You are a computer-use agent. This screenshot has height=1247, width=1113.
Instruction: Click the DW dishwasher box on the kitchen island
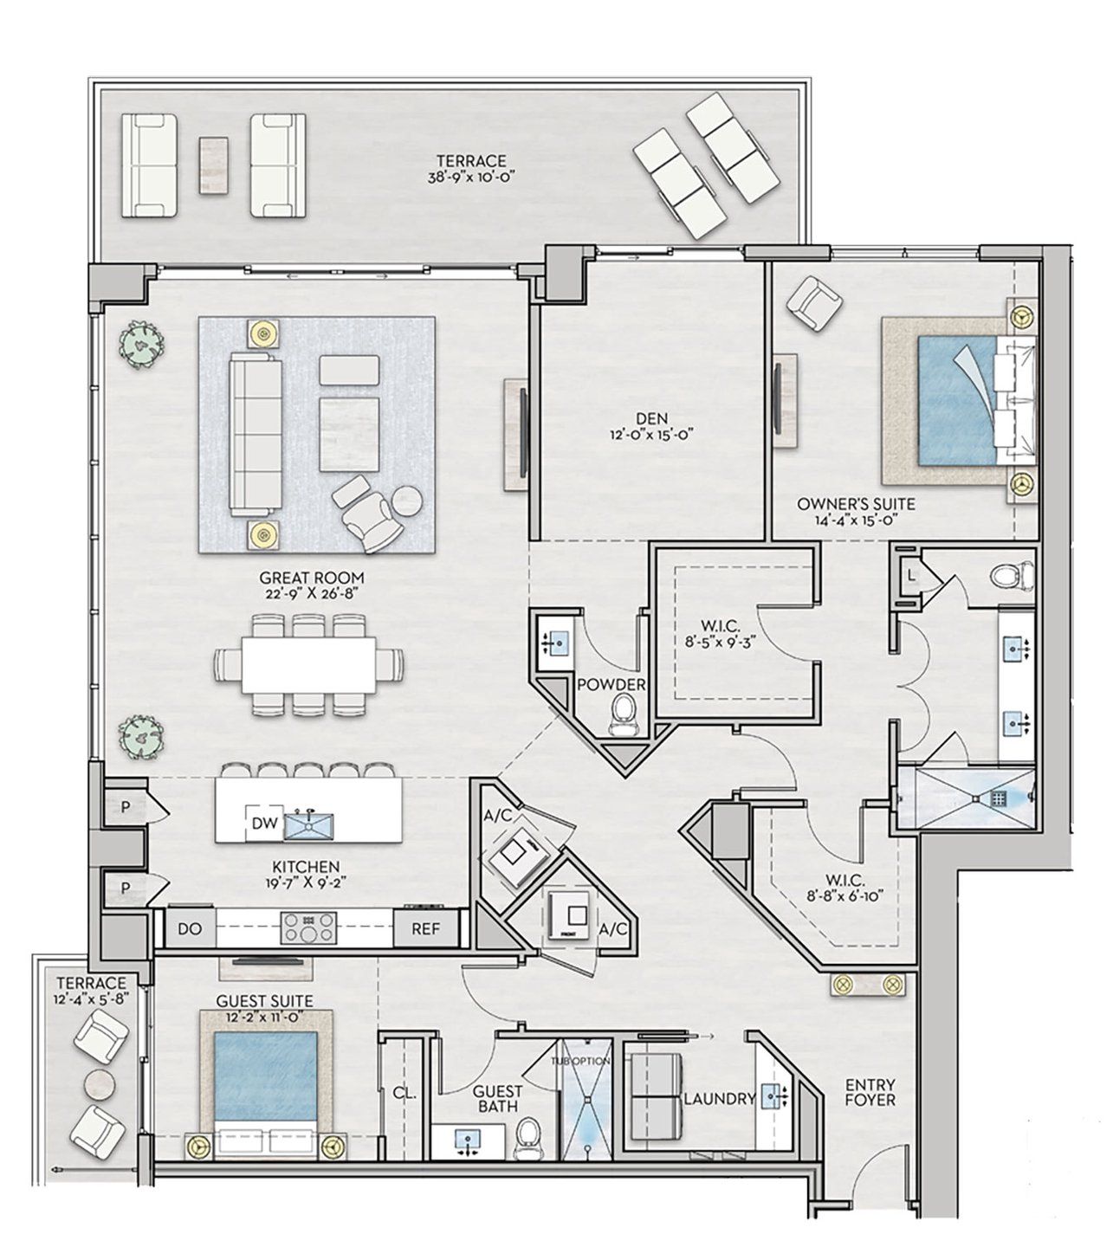tap(264, 824)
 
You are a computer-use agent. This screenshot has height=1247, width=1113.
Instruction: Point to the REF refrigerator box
tap(425, 930)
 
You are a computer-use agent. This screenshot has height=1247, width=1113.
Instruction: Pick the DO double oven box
tap(190, 930)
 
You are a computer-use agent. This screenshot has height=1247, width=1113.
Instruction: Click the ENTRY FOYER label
tap(870, 1093)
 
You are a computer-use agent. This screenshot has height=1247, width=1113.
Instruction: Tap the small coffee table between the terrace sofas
tap(213, 165)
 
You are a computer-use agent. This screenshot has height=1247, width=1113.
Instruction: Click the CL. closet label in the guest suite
tap(404, 1093)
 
